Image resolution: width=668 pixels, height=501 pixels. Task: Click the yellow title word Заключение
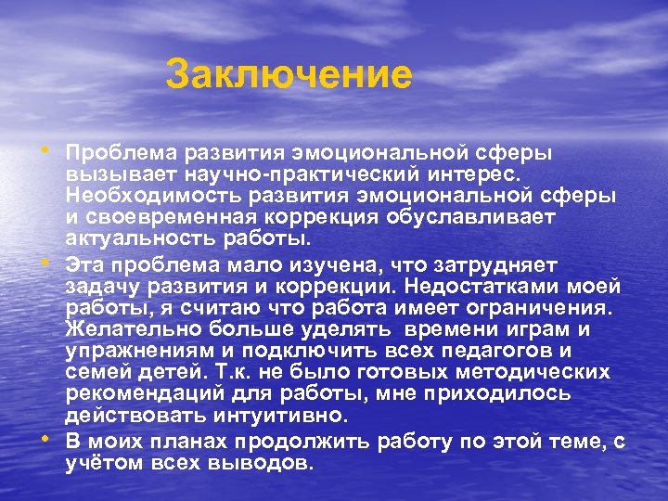pyautogui.click(x=289, y=75)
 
